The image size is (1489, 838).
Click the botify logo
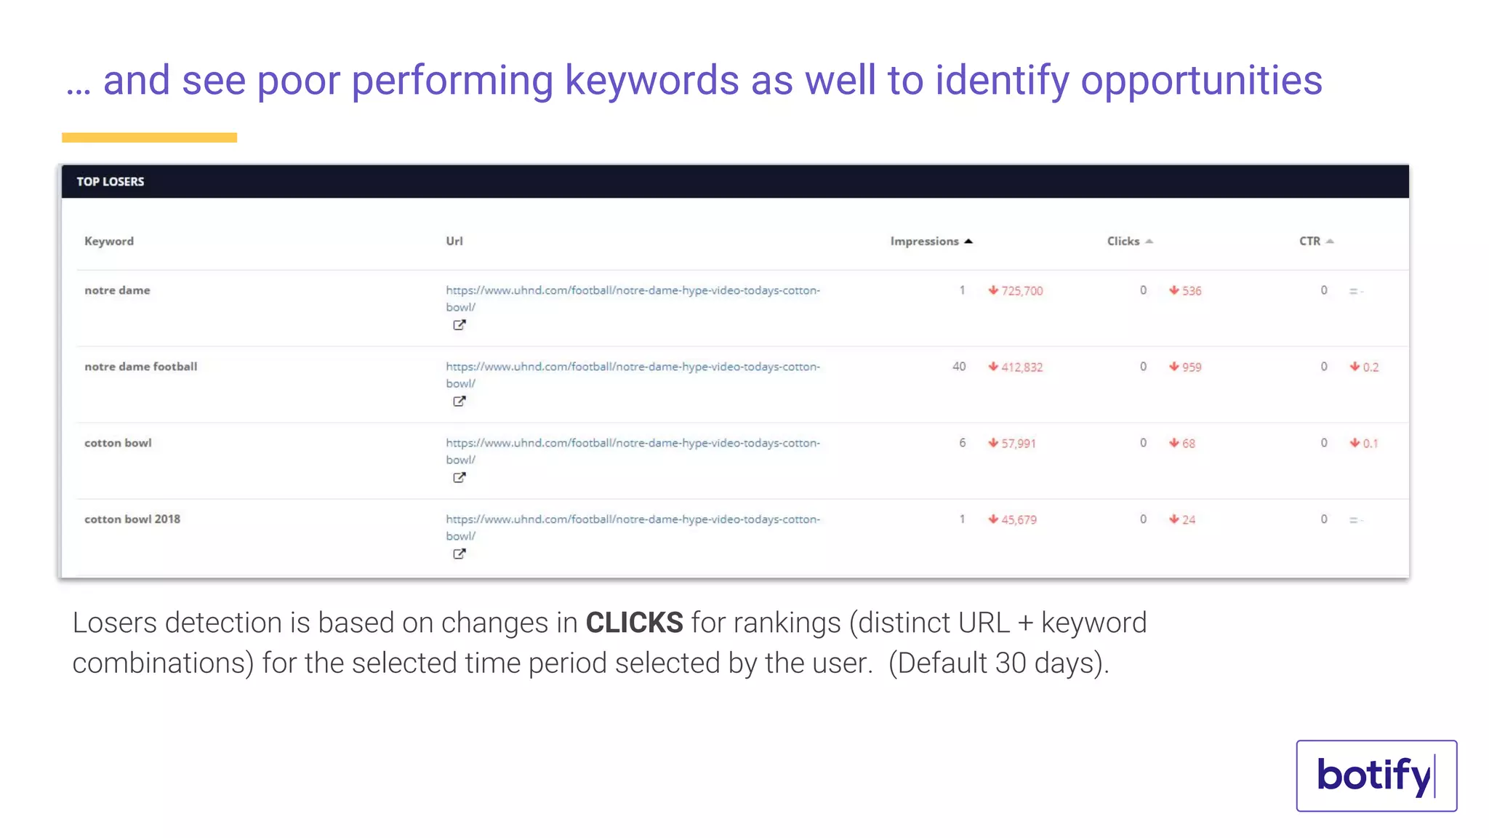tap(1376, 775)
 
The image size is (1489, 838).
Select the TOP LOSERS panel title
tap(111, 182)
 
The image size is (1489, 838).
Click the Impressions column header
tap(925, 242)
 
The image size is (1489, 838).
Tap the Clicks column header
tap(1123, 242)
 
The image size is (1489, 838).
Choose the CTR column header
tap(1310, 242)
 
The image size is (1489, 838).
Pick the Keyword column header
tap(109, 242)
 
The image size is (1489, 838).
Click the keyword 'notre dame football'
tap(140, 367)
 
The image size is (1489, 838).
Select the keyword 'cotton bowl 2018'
tap(132, 519)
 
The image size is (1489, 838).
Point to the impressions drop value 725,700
tap(1022, 291)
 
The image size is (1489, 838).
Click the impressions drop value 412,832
tap(1022, 367)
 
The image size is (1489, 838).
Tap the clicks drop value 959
tap(1191, 367)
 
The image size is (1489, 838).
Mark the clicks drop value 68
tap(1188, 444)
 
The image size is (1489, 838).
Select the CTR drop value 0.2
tap(1370, 367)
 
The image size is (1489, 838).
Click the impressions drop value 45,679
tap(1019, 520)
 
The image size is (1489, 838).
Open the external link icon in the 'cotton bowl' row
tap(459, 478)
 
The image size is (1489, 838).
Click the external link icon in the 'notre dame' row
tap(459, 325)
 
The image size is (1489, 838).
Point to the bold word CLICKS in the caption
tap(634, 623)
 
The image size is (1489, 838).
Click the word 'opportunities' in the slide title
tap(1201, 80)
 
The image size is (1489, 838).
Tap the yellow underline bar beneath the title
tap(149, 137)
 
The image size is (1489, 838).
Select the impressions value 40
tap(959, 367)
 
